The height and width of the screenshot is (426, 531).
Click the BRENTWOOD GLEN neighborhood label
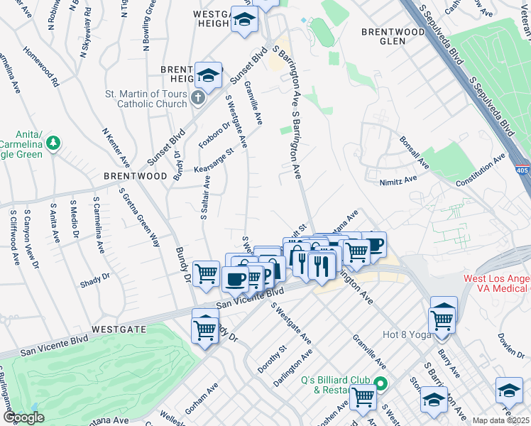pyautogui.click(x=383, y=37)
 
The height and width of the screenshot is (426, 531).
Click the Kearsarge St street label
pyautogui.click(x=214, y=160)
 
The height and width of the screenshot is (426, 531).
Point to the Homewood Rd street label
pyautogui.click(x=41, y=67)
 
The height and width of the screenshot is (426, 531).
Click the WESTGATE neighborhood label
pyautogui.click(x=118, y=330)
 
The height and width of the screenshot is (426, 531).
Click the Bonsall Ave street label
pyautogui.click(x=414, y=153)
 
